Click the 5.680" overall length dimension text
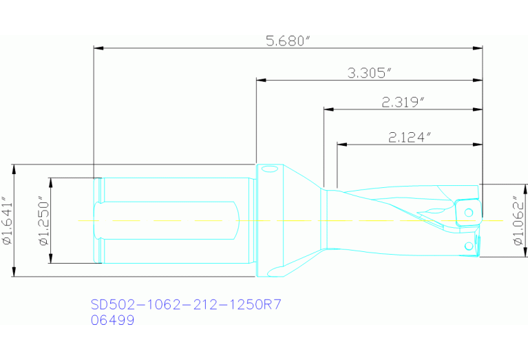pyautogui.click(x=288, y=41)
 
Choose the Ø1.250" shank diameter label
pyautogui.click(x=43, y=221)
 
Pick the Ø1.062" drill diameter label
pyautogui.click(x=518, y=221)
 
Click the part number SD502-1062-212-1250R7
pyautogui.click(x=187, y=304)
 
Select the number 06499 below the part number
pyautogui.click(x=112, y=320)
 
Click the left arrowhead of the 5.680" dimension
pyautogui.click(x=97, y=48)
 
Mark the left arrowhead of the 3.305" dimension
pyautogui.click(x=260, y=80)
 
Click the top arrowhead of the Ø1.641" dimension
pyautogui.click(x=14, y=167)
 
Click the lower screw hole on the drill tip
pyautogui.click(x=468, y=246)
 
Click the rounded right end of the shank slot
pyautogui.click(x=237, y=220)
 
